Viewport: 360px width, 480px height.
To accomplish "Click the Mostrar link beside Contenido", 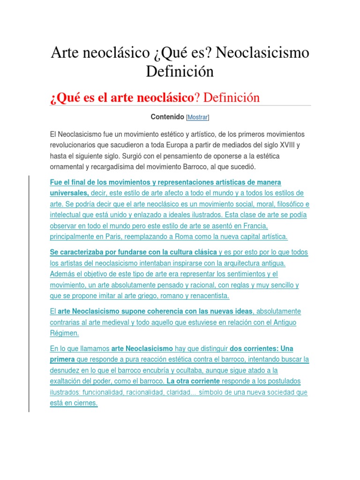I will [x=198, y=117].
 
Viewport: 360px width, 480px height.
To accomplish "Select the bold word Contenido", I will [x=167, y=116].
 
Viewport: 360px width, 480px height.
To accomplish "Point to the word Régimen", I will [x=65, y=333].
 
